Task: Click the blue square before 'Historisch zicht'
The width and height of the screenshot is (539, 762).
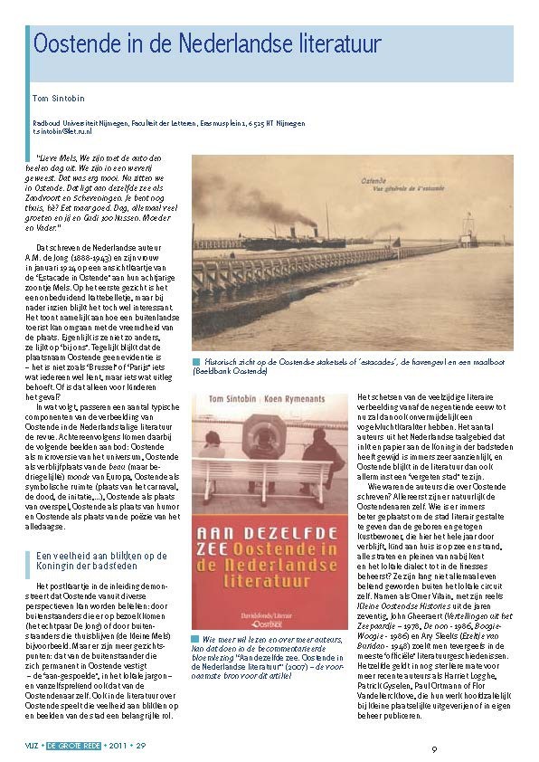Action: pyautogui.click(x=195, y=363)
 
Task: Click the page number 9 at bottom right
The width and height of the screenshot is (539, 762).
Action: pyautogui.click(x=434, y=748)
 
